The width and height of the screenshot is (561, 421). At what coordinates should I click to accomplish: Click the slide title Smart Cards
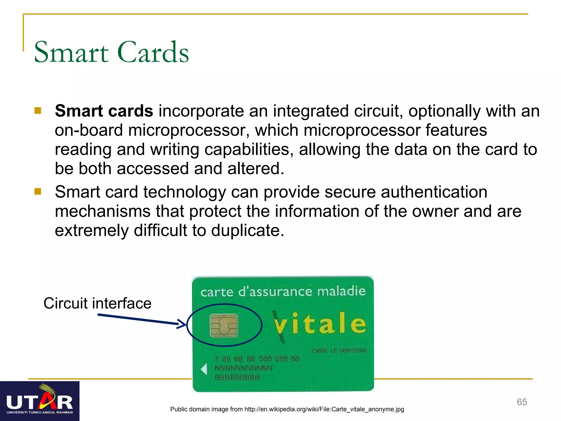[x=111, y=52]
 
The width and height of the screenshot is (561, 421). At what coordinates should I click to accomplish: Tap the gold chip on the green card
[x=224, y=326]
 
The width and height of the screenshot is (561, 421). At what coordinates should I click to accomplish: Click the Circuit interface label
[x=97, y=303]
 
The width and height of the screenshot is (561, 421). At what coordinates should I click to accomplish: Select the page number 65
[x=522, y=402]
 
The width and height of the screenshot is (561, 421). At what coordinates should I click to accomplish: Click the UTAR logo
[x=40, y=401]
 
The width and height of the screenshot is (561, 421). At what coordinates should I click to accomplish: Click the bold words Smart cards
[x=104, y=111]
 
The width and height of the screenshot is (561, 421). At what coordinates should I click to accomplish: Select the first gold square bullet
[x=38, y=110]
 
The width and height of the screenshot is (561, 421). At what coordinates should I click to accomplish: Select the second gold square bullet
[x=38, y=191]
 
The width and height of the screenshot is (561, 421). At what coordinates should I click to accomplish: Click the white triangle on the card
[x=204, y=369]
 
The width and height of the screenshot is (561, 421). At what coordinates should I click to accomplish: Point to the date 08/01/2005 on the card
[x=353, y=351]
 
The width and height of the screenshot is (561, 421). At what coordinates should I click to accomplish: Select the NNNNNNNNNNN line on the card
[x=243, y=368]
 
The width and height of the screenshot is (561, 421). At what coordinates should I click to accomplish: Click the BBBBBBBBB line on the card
[x=237, y=377]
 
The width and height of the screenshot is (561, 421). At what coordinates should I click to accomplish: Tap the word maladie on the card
[x=341, y=291]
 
